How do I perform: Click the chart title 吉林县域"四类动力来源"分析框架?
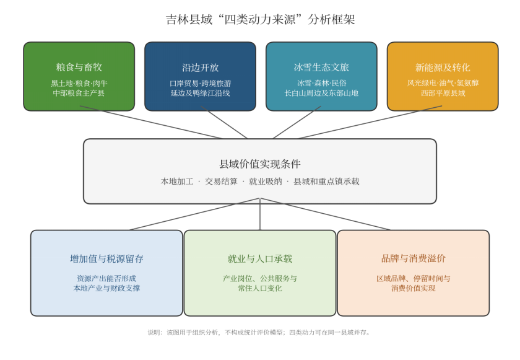[x=261, y=19]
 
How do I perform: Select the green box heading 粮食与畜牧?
[x=79, y=68]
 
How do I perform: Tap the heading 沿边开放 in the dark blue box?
[x=201, y=68]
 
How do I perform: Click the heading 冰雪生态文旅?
[x=321, y=68]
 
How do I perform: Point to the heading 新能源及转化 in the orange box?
[x=443, y=68]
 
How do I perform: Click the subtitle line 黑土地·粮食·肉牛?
[x=79, y=83]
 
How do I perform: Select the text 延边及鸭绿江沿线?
[x=201, y=93]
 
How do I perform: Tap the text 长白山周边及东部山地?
[x=321, y=93]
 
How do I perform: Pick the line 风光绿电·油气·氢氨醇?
[x=443, y=83]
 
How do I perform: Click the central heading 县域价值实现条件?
[x=260, y=164]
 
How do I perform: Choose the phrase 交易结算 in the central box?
[x=221, y=181]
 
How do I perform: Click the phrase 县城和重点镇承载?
[x=326, y=181]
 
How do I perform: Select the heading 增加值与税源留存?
[x=106, y=259]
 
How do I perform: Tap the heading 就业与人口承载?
[x=260, y=259]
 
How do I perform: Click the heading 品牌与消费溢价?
[x=414, y=258]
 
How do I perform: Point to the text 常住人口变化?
[x=260, y=288]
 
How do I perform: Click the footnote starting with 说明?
[x=259, y=332]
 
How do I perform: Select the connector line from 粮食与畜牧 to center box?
[x=151, y=122]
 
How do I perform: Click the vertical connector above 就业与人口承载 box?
[x=260, y=214]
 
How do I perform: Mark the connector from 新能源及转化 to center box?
[x=370, y=122]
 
